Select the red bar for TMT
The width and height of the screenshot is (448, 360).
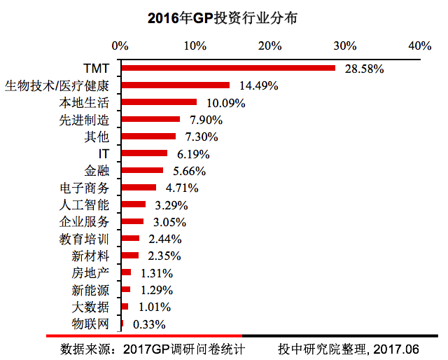click(228, 69)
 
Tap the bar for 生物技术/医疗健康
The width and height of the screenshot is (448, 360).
click(175, 85)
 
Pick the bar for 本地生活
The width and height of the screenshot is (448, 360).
click(159, 102)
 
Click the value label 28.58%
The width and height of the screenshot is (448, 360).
click(365, 69)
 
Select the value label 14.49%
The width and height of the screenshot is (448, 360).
click(259, 86)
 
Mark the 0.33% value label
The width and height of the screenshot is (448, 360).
click(148, 324)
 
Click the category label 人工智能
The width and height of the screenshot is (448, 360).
click(85, 205)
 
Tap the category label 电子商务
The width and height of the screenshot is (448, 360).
click(85, 188)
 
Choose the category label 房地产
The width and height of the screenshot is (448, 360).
click(90, 273)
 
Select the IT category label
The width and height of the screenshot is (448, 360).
click(104, 153)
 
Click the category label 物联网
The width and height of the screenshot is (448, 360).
click(90, 324)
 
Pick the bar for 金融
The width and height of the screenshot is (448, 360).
click(142, 170)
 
